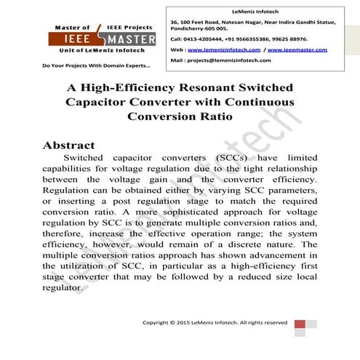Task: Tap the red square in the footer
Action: click(x=301, y=322)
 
